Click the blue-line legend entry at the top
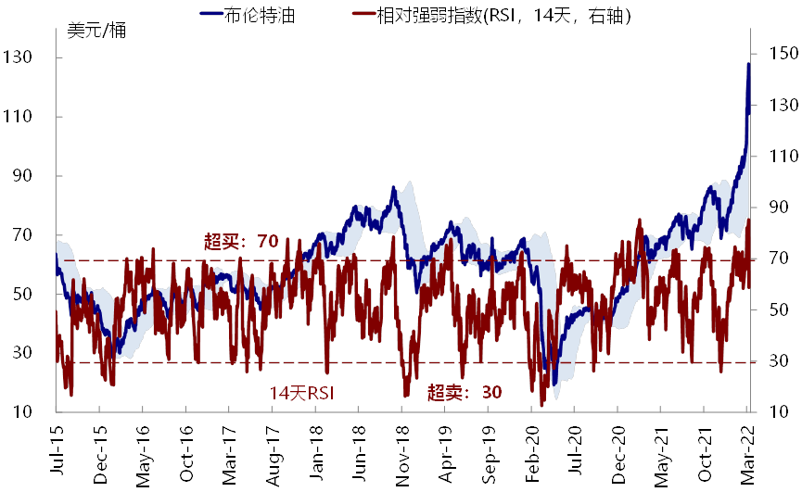[x=247, y=16]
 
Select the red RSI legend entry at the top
[x=492, y=16]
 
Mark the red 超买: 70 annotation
[x=241, y=243]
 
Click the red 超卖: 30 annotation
[x=465, y=393]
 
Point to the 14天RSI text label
[x=301, y=393]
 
